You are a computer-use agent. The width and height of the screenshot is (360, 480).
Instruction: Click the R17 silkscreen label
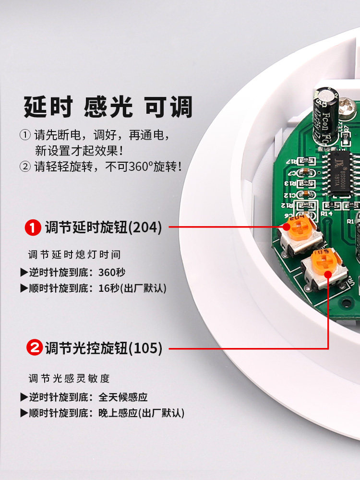click(292, 161)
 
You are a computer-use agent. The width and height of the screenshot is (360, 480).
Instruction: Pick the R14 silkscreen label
click(326, 213)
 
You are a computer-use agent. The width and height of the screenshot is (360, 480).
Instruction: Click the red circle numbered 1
click(33, 228)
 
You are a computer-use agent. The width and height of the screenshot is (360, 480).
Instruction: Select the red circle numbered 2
click(34, 348)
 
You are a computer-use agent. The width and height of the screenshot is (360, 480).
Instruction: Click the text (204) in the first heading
click(144, 228)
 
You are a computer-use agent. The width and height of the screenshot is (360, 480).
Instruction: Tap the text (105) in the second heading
click(145, 348)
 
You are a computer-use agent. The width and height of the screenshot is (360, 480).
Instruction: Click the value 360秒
click(112, 272)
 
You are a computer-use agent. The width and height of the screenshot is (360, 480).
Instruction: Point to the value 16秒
click(108, 288)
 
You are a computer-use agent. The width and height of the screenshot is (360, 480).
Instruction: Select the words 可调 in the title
click(168, 107)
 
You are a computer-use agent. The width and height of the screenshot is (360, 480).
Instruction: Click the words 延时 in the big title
click(48, 107)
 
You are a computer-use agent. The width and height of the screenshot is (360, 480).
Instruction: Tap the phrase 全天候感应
click(123, 397)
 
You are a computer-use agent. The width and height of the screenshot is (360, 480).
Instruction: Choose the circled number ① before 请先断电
click(25, 135)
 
